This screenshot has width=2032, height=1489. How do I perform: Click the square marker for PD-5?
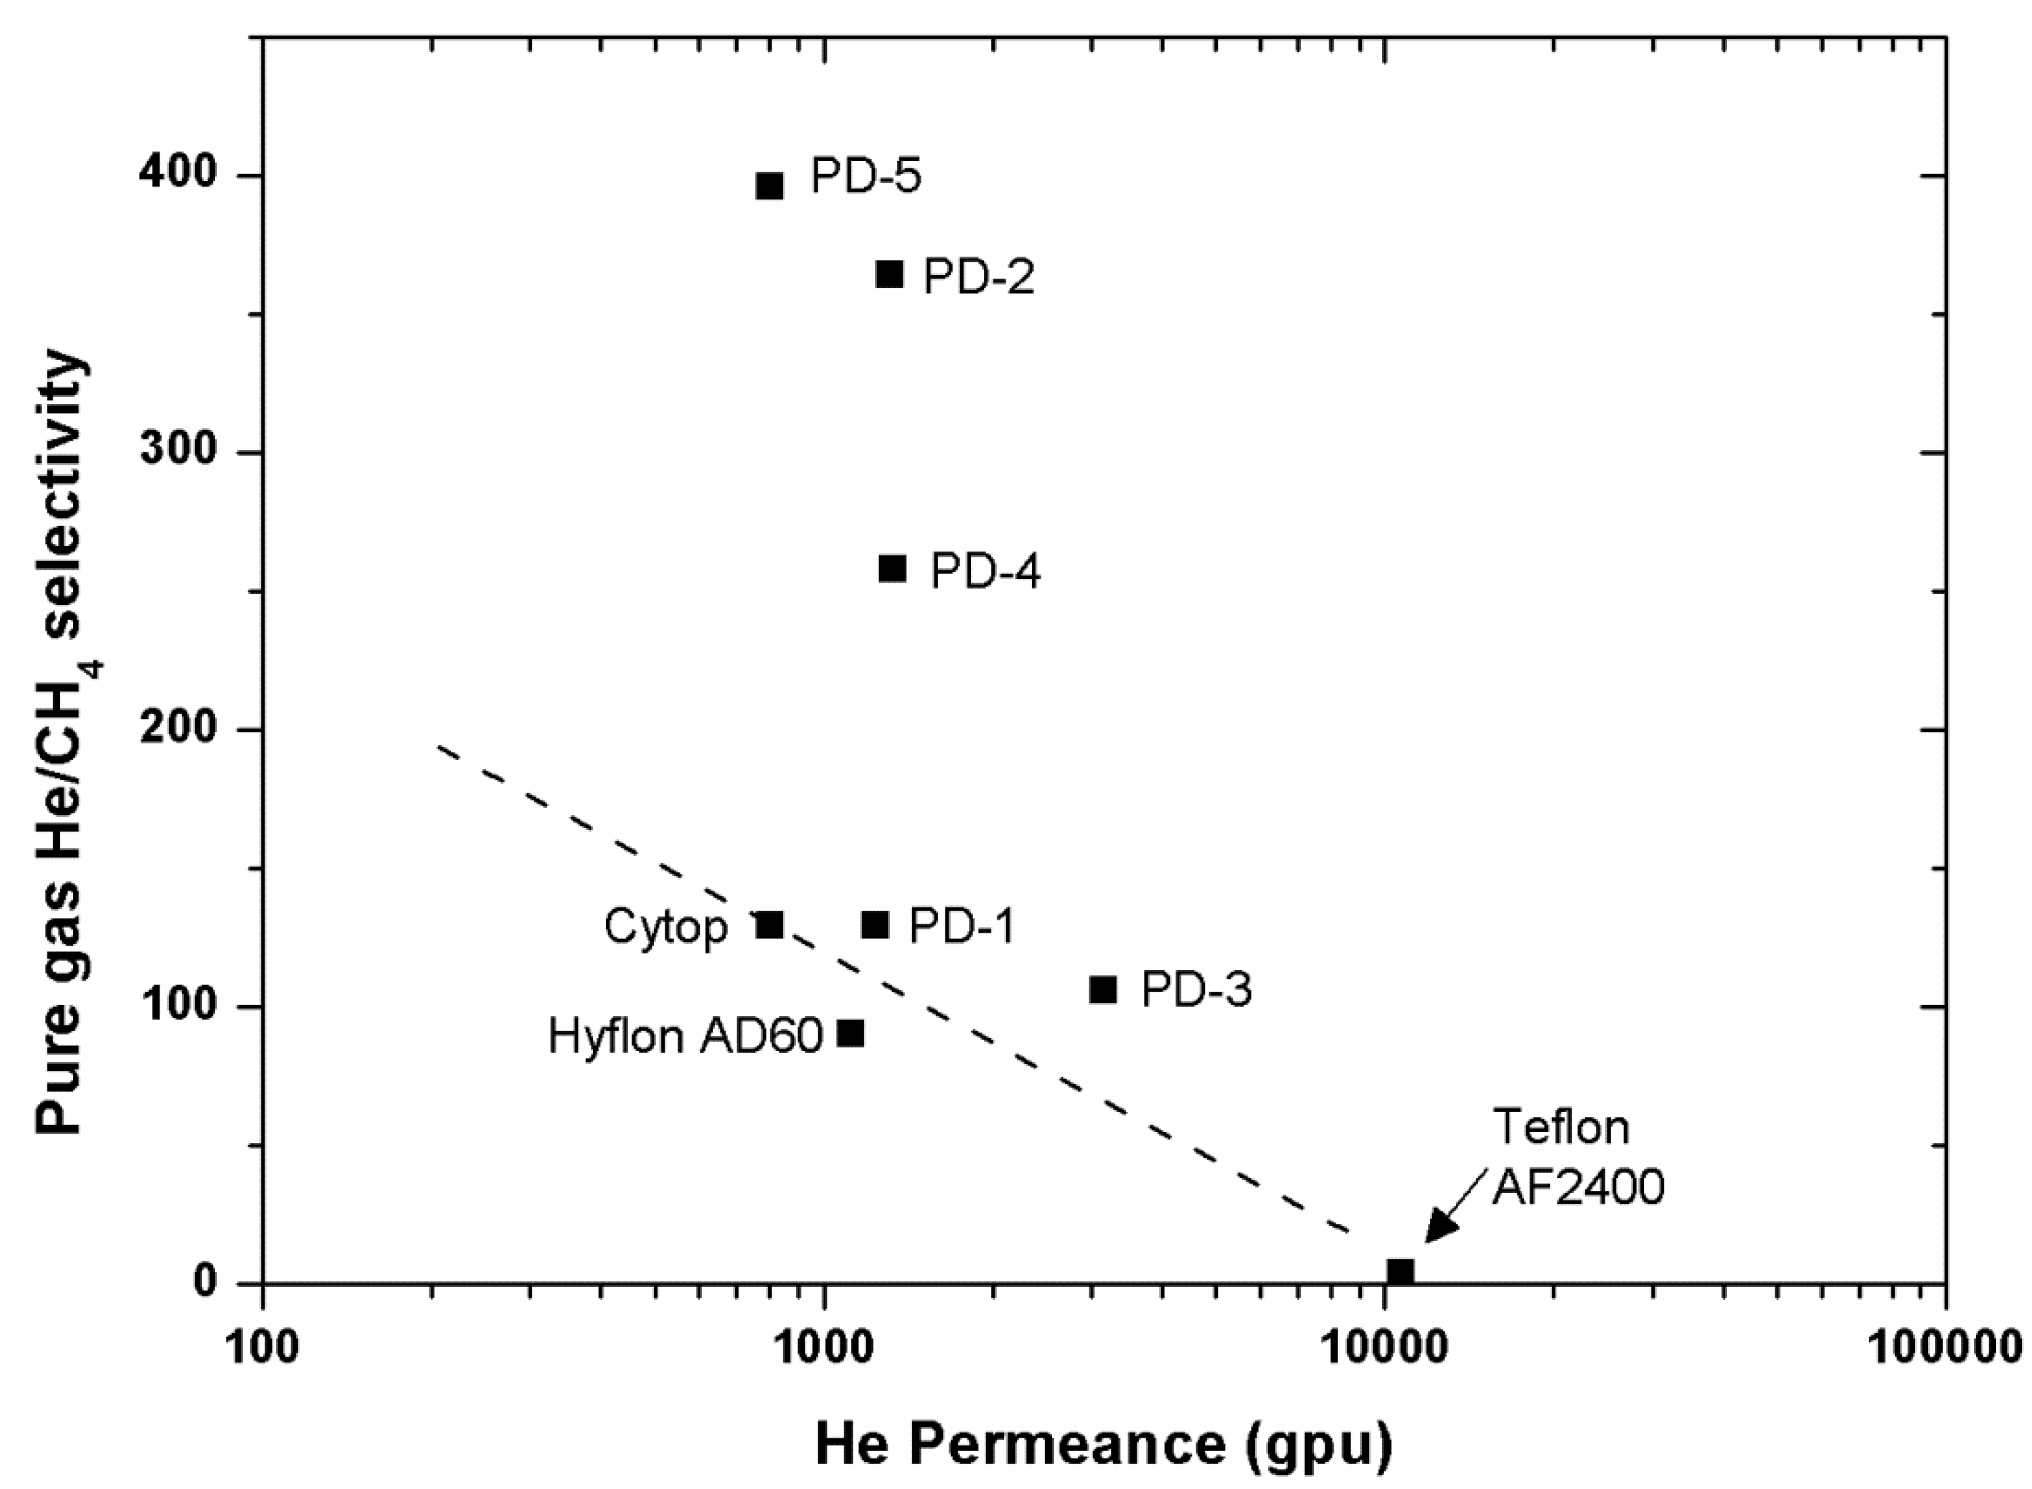(769, 186)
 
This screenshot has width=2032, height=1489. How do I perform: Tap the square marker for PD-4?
(892, 568)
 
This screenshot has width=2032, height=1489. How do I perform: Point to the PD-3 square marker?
(1102, 990)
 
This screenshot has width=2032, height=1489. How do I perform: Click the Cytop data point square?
(769, 925)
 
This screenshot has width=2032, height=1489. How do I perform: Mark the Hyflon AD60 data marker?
(850, 1034)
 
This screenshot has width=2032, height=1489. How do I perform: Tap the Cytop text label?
(665, 927)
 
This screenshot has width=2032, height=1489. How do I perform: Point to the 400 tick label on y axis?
(179, 175)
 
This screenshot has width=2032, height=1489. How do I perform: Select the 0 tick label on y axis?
(206, 1281)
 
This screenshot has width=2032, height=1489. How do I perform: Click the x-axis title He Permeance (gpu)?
(1104, 1445)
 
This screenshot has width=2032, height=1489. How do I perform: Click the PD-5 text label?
(866, 176)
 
